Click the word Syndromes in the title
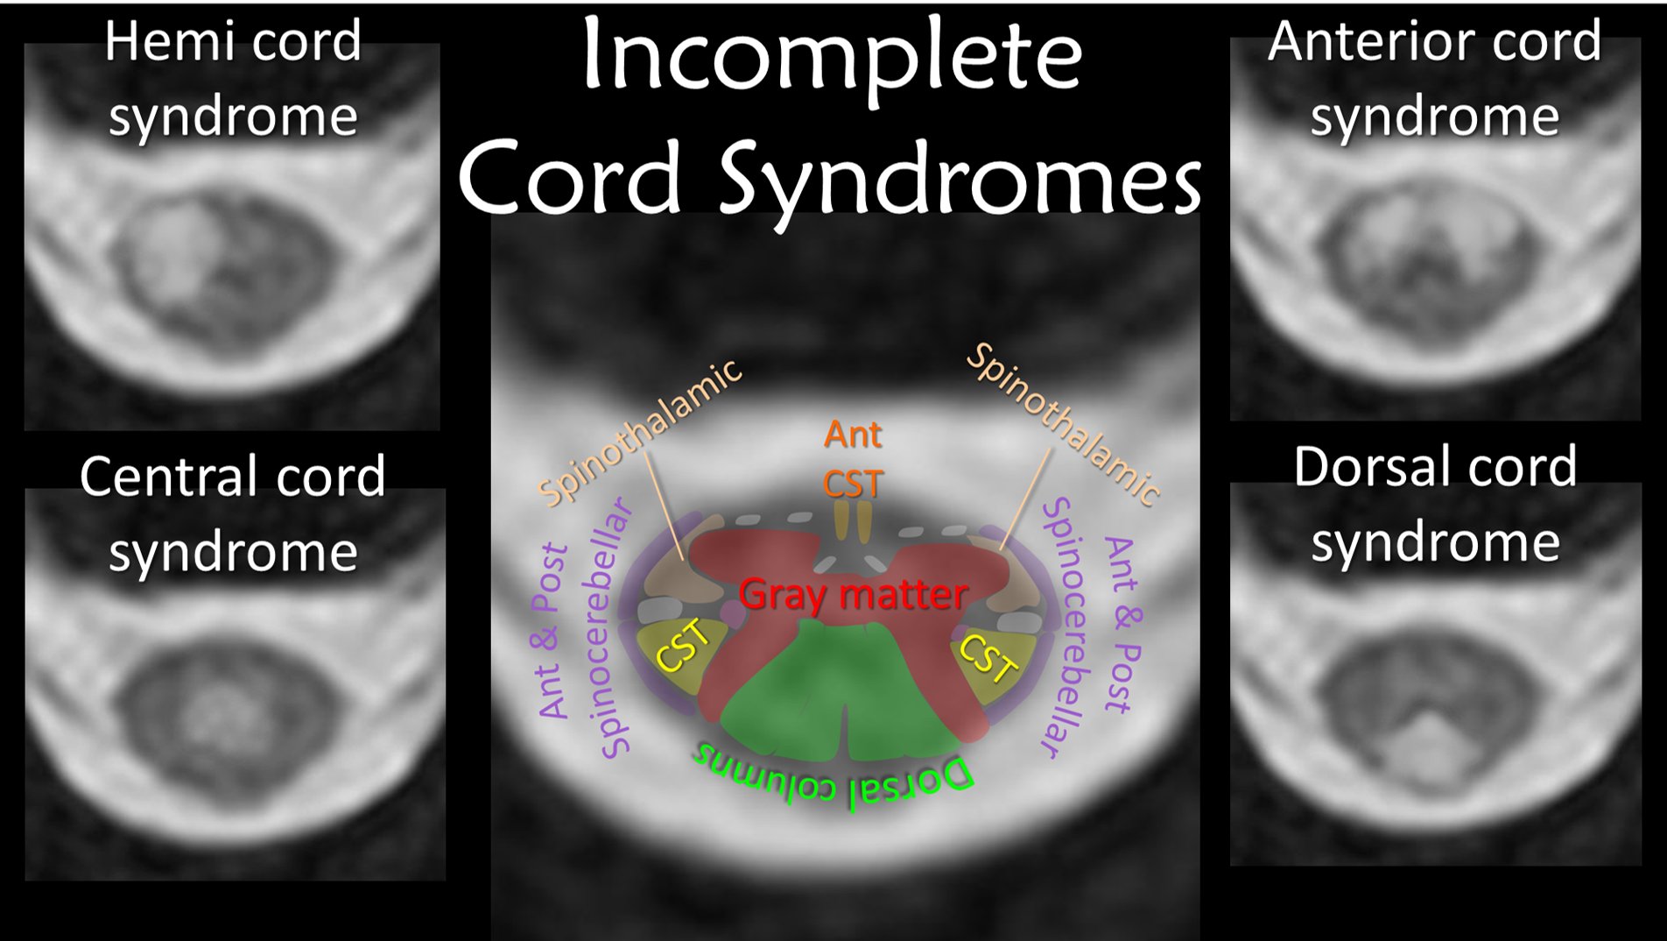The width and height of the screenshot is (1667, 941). [x=960, y=180]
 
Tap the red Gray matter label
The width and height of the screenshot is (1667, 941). [x=853, y=595]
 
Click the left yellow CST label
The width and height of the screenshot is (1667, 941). [x=684, y=646]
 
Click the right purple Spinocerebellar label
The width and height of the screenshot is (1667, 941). [x=1063, y=626]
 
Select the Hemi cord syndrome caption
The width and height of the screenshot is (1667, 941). [x=233, y=79]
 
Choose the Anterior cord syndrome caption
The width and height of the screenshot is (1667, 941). [x=1434, y=79]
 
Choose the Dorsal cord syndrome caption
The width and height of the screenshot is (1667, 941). [x=1434, y=504]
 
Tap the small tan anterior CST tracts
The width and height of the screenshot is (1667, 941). [x=852, y=521]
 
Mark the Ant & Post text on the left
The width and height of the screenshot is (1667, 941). [x=552, y=631]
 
